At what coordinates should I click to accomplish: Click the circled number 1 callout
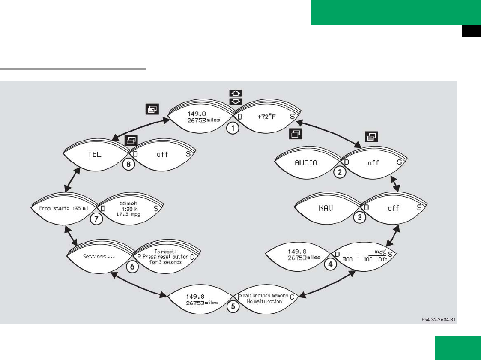(232, 129)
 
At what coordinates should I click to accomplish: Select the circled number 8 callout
(127, 165)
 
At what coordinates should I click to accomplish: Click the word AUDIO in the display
(307, 163)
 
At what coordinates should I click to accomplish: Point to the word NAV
(326, 208)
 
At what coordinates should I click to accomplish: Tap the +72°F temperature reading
(266, 117)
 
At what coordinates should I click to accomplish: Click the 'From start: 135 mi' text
(63, 209)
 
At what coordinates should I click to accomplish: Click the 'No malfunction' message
(264, 301)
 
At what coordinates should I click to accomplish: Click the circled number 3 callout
(360, 217)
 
